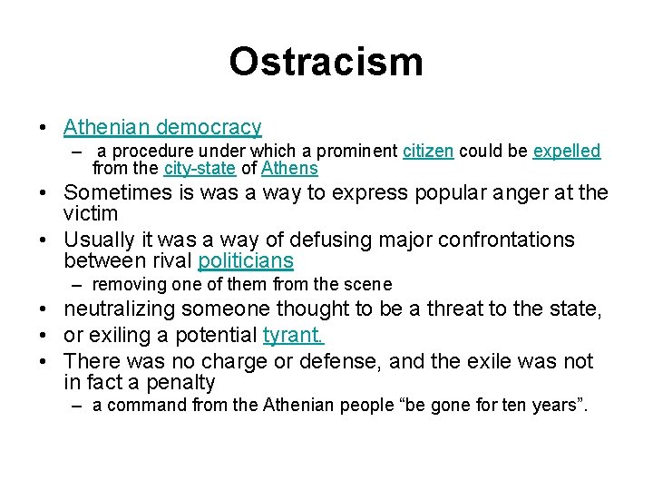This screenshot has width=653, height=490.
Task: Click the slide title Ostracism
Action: coord(326,62)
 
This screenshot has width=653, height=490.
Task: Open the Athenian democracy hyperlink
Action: coord(162,128)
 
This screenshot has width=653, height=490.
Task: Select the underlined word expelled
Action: coord(566,152)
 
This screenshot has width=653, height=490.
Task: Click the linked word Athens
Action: coord(290,169)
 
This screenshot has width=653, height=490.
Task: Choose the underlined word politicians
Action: coord(246,262)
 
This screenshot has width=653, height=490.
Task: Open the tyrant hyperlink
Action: coord(293,336)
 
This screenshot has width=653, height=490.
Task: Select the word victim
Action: coord(91,214)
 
